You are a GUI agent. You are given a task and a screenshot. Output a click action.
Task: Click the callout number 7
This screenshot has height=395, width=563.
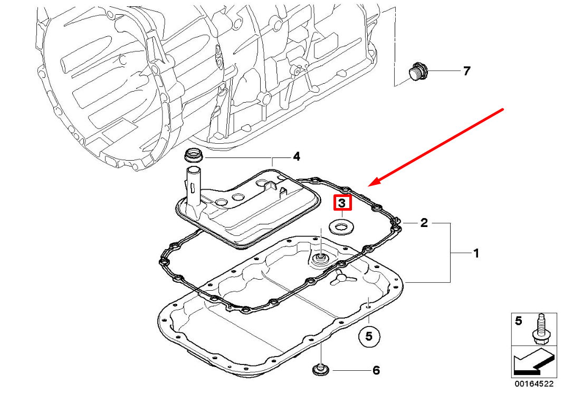tap(466, 71)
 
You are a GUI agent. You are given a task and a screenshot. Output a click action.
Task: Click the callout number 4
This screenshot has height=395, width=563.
tap(297, 156)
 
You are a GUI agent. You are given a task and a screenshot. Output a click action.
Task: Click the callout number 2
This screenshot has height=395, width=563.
tap(424, 223)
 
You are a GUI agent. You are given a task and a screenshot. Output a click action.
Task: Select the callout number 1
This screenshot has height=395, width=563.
tap(475, 254)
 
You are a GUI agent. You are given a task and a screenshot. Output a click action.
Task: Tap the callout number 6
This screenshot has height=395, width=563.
tap(376, 371)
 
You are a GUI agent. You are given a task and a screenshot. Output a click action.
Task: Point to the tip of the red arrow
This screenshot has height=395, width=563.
tap(370, 185)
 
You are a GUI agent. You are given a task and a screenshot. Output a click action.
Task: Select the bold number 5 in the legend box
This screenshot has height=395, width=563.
tap(518, 320)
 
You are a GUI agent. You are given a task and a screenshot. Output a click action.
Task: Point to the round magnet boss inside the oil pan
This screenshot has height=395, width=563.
tap(320, 258)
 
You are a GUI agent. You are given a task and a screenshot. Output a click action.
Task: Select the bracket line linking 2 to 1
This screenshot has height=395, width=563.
tap(450, 253)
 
